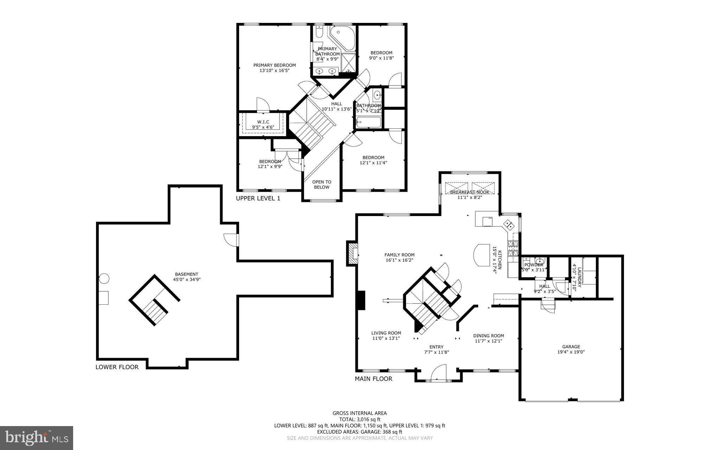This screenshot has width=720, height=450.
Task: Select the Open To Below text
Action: click(322, 184)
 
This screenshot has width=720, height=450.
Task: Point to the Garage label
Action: click(571, 349)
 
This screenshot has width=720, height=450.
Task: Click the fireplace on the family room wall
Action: click(352, 252)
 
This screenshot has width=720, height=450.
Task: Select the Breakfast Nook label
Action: click(469, 195)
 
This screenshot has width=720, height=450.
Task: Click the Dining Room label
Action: click(488, 338)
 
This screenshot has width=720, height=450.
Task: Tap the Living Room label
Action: click(386, 335)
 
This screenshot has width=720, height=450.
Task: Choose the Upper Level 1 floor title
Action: click(258, 198)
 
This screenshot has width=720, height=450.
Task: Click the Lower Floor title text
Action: click(117, 367)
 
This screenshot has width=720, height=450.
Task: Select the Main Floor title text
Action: click(373, 379)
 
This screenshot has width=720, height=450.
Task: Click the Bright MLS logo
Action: click(37, 438)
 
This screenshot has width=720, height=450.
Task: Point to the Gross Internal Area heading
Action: click(360, 413)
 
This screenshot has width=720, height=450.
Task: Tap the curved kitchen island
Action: click(482, 255)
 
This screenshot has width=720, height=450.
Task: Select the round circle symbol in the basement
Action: click(104, 279)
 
